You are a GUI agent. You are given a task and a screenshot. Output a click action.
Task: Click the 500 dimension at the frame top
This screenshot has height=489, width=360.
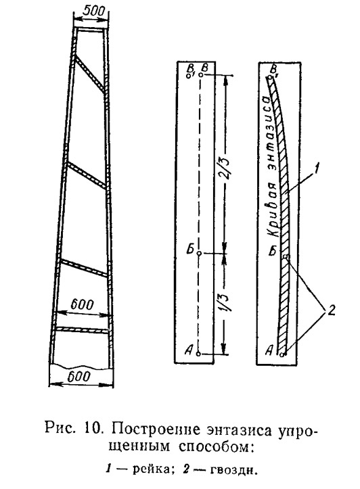click(x=95, y=11)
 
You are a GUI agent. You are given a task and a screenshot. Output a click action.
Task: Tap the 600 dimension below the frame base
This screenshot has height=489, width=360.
click(x=79, y=377)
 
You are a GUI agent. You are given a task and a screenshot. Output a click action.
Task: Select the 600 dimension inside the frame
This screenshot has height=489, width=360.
click(x=82, y=304)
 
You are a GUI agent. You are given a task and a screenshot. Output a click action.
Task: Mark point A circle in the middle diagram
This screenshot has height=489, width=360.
click(x=198, y=354)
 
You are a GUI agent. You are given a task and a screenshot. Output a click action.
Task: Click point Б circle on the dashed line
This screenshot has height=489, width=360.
click(x=199, y=253)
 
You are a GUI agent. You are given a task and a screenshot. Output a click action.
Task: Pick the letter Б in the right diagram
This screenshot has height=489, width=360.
click(x=273, y=251)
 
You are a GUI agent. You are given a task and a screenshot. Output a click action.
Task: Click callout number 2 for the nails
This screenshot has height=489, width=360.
click(x=330, y=310)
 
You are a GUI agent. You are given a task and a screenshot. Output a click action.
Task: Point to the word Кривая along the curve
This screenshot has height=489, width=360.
click(x=273, y=210)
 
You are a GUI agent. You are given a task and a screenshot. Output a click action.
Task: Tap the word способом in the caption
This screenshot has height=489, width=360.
click(x=215, y=447)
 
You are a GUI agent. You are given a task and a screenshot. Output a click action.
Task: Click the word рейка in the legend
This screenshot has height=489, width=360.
click(x=151, y=469)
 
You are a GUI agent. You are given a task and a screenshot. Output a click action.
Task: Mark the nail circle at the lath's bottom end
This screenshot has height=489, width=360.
click(x=282, y=354)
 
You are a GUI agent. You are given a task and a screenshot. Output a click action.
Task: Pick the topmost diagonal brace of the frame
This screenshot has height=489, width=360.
click(x=89, y=74)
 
